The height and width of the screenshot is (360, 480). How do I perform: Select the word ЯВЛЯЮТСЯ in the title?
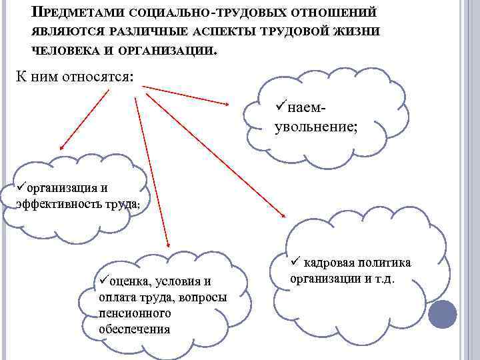click(x=65, y=31)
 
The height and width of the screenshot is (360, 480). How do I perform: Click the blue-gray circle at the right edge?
click(x=441, y=314)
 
